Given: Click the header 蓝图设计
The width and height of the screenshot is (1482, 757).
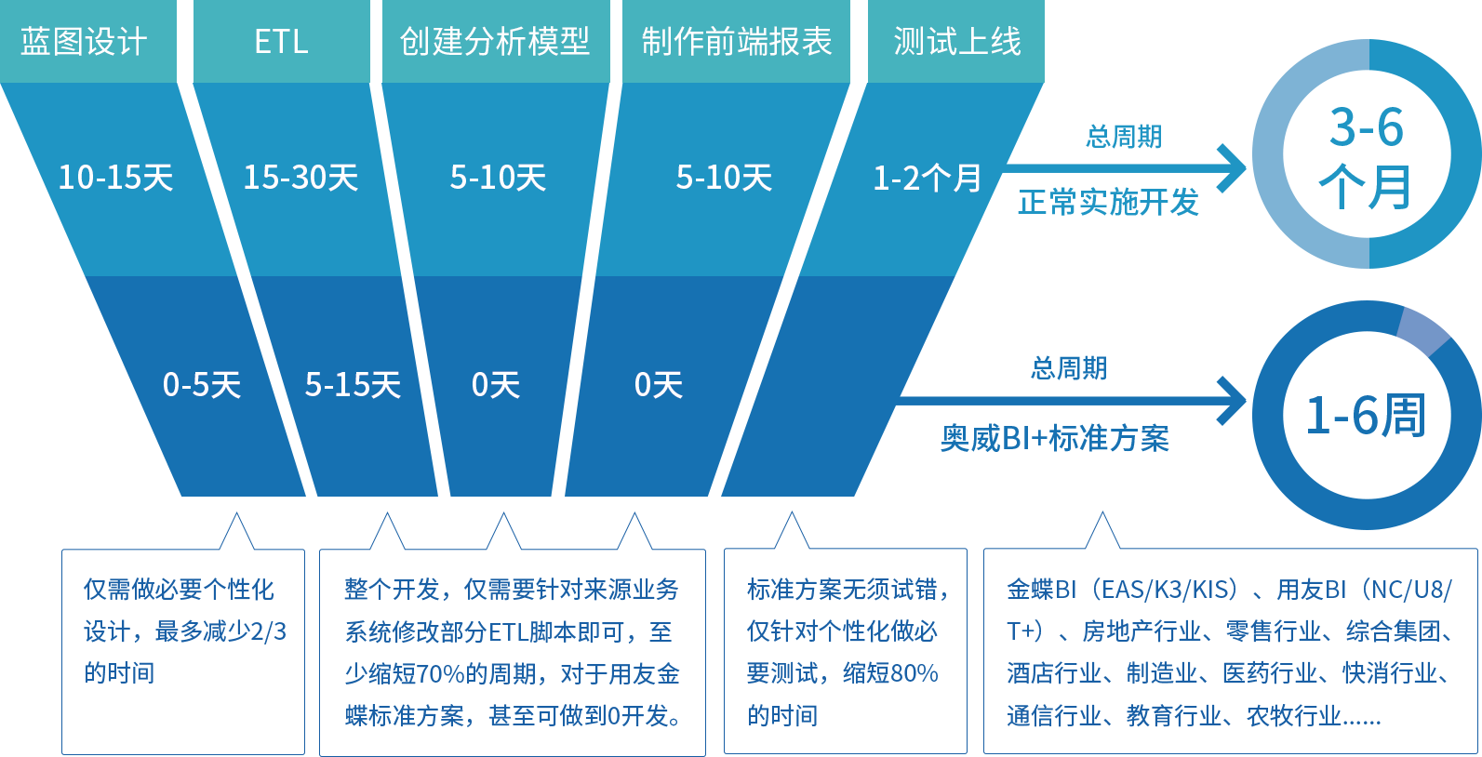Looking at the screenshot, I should click(84, 42).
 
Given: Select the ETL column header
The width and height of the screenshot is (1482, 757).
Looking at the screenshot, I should click(281, 42).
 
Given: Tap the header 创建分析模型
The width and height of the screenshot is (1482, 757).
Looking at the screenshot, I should click(494, 42).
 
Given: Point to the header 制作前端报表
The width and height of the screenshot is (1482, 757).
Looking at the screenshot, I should click(736, 42).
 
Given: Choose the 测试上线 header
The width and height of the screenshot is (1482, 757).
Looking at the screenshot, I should click(957, 42).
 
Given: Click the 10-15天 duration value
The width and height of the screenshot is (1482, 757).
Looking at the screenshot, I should click(115, 178).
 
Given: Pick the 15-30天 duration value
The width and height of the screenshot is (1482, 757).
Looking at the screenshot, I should click(300, 178).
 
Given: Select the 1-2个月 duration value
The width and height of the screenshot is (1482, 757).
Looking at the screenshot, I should click(927, 178).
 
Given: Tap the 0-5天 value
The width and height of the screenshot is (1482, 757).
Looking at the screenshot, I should click(201, 385).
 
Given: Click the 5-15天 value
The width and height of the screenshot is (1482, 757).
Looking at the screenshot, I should click(353, 385).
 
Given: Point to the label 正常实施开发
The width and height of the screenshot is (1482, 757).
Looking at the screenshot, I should click(1107, 202).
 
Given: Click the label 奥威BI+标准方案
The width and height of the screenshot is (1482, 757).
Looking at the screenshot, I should click(1054, 437).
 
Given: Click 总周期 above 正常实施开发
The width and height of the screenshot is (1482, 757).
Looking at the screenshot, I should click(1123, 137).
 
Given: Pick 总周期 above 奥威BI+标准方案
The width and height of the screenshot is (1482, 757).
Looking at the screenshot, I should click(1068, 368).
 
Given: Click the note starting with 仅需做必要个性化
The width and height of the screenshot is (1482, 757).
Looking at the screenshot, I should click(184, 631).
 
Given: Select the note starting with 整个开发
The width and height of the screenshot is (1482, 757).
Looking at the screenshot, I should click(512, 652).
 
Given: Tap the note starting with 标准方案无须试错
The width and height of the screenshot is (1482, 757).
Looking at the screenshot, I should click(845, 652).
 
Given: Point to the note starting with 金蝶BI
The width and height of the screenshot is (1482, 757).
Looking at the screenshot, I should click(1228, 652).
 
